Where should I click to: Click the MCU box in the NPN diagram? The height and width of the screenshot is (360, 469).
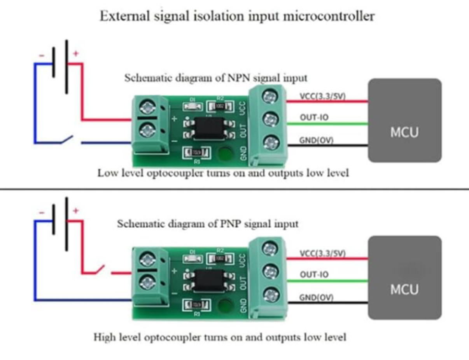coord(404,120)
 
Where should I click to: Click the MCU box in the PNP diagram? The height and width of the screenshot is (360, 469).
coord(404,277)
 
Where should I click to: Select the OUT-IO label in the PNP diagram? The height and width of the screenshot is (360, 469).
coord(314,275)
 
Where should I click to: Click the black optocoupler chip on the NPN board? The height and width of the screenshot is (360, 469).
coord(209,128)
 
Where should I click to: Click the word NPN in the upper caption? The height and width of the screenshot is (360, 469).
coord(239,78)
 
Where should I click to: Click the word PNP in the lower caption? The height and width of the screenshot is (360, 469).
coord(233,224)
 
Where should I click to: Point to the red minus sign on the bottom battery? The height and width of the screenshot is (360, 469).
coord(41,212)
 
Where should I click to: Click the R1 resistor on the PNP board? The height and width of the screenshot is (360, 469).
coord(197,305)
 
